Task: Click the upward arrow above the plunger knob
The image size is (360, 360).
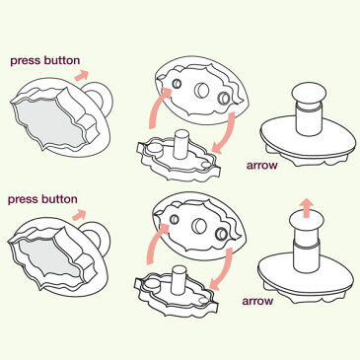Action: tap(307, 207)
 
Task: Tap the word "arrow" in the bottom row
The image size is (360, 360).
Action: tap(257, 301)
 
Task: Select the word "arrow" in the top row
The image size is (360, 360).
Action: tap(262, 165)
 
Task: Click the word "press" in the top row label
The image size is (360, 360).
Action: tap(25, 61)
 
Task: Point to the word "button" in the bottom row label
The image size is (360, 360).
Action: tap(59, 199)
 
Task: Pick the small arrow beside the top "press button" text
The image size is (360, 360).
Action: tap(82, 75)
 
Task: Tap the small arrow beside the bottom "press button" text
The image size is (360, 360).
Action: tap(79, 214)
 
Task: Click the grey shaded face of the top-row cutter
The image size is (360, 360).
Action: tap(48, 123)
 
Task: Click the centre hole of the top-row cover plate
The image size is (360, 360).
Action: tap(202, 90)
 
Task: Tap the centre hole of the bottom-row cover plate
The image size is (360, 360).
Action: tap(199, 226)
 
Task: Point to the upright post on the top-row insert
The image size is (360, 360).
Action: tap(181, 144)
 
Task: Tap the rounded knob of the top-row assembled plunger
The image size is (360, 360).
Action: tap(309, 94)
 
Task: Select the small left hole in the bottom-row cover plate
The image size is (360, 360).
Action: tap(175, 219)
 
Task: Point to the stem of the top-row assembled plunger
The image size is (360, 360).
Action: tap(309, 119)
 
